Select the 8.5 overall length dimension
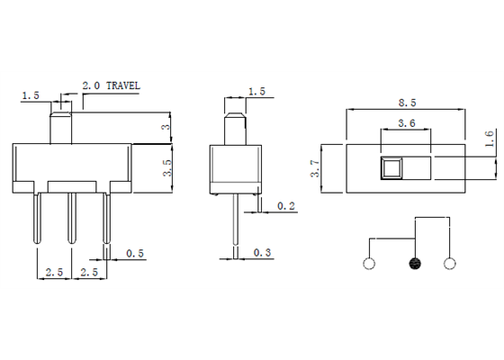[405, 102]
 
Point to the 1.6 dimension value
[489, 139]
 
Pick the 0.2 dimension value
[287, 206]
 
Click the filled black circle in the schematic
[415, 264]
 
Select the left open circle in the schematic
[367, 264]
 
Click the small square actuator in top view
[391, 166]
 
